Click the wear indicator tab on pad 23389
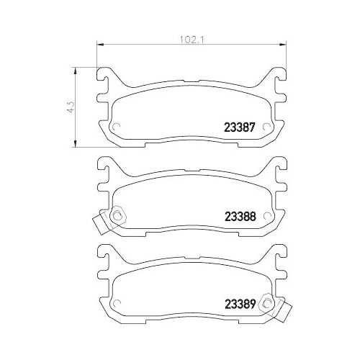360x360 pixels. pyautogui.click(x=286, y=313)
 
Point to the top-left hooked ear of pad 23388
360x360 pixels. pyautogui.click(x=105, y=166)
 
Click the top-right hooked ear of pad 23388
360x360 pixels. pyautogui.click(x=276, y=166)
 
